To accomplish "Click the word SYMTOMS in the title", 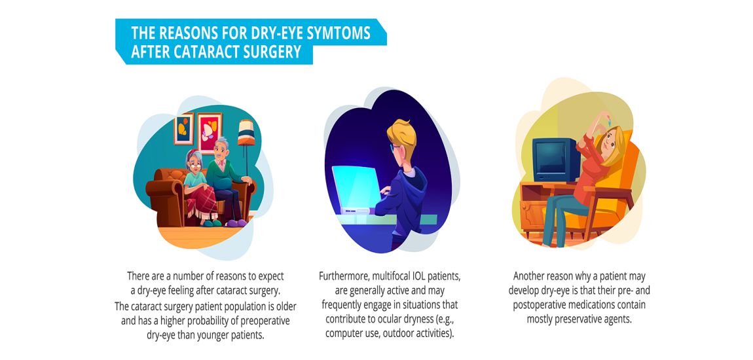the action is (340, 33).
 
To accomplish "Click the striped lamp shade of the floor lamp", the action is (246, 132).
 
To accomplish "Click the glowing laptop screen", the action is (356, 186).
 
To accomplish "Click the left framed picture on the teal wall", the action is (183, 128).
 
